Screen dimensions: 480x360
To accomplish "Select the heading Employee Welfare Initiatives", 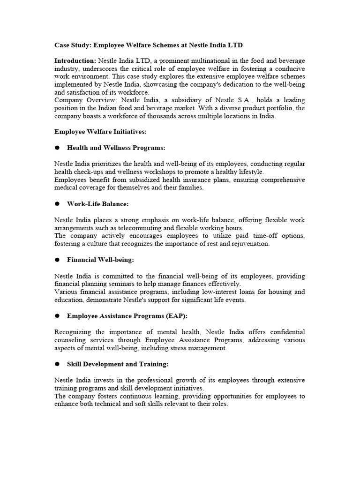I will tap(100, 132).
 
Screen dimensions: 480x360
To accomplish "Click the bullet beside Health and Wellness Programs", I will tap(57, 148).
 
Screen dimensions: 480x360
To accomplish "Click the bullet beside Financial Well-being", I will tap(57, 260).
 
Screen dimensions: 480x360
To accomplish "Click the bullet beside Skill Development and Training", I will tap(57, 364).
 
